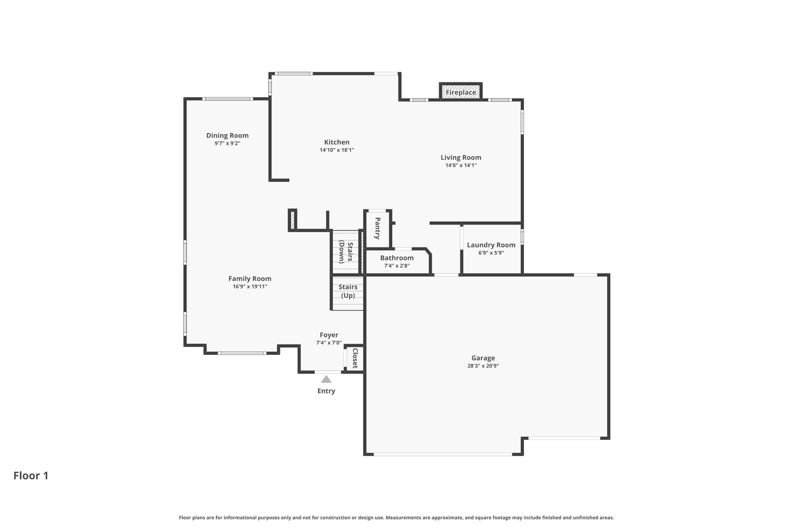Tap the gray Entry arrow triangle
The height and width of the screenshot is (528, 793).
(326, 379)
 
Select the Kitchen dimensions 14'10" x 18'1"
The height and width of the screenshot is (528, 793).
(337, 150)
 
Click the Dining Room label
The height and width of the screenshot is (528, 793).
(227, 135)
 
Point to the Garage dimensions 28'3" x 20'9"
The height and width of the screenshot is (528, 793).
(483, 366)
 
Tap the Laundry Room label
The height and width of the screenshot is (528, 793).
(491, 245)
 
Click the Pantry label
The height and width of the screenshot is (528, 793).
(377, 228)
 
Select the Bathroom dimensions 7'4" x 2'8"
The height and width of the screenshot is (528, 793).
(397, 266)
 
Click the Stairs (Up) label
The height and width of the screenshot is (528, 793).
(348, 291)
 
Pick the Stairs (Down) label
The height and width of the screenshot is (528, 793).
(346, 252)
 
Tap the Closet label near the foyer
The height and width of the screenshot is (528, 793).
(355, 358)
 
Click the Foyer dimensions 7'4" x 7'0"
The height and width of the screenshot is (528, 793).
(329, 343)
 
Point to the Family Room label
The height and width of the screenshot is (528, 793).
(250, 279)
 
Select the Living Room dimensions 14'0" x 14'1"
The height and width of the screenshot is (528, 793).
(461, 166)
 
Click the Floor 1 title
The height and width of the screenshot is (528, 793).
(31, 476)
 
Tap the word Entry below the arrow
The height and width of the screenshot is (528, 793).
(326, 391)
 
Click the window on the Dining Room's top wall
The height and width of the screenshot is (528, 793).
(228, 99)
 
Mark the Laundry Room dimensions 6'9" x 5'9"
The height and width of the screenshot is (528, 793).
(491, 253)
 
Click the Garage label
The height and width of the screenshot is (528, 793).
(483, 358)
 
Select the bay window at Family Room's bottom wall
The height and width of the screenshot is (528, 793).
(242, 353)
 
